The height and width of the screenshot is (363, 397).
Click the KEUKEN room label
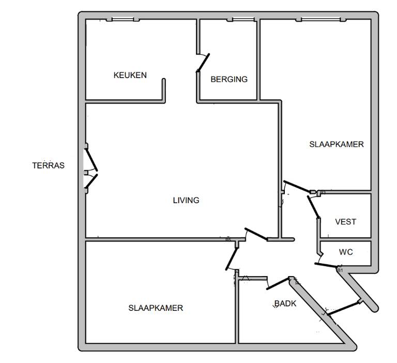[130, 75]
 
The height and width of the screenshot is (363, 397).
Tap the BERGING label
[229, 79]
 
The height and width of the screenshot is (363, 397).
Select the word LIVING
[186, 200]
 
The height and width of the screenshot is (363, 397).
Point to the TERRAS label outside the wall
[49, 165]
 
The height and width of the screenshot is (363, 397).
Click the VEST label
[346, 222]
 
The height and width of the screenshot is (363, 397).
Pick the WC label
[346, 252]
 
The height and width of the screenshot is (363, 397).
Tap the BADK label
[285, 304]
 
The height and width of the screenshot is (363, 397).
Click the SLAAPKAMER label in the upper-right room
[337, 144]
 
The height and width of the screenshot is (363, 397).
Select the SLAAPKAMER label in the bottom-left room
[156, 308]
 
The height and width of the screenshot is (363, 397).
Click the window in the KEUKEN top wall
[123, 19]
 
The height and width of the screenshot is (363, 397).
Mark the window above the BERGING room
[240, 19]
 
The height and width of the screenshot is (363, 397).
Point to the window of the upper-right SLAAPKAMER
[321, 19]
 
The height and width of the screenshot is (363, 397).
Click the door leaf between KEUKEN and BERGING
[203, 63]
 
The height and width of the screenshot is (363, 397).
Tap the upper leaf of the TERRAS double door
[91, 160]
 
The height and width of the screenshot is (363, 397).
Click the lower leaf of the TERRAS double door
[91, 182]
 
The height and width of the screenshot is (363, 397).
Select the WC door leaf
[326, 265]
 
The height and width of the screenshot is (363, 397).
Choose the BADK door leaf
[278, 283]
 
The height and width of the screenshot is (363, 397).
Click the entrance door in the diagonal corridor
[344, 308]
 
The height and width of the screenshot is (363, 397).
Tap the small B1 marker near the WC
[340, 270]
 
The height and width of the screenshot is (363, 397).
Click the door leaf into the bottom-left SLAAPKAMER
[232, 259]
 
